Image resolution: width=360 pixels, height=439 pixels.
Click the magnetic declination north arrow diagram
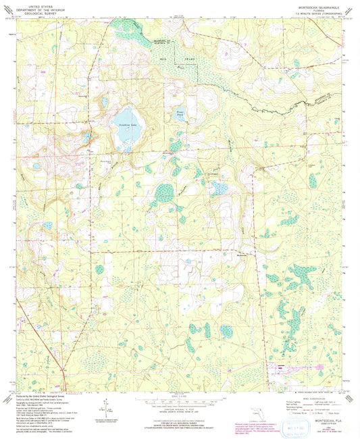click(x=107, y=407)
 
